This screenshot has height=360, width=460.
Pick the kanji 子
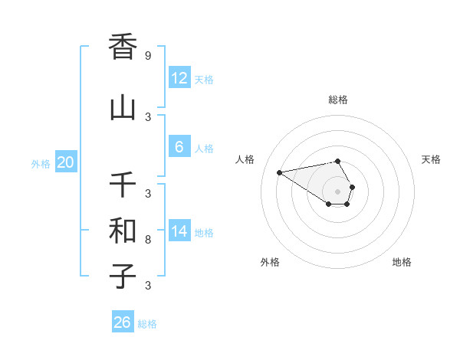[123, 277]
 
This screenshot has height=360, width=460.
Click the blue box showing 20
[65, 162]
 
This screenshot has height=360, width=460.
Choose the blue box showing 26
[123, 322]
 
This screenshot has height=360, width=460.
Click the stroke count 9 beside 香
[147, 55]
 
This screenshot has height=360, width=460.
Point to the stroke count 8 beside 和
[147, 240]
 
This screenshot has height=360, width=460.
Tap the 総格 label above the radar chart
[338, 100]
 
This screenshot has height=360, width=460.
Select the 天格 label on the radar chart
[431, 159]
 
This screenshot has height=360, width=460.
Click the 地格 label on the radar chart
[402, 262]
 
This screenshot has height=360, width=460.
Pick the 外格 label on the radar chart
[270, 262]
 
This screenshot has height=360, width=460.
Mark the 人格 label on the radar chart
[245, 159]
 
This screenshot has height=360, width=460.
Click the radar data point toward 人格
[280, 172]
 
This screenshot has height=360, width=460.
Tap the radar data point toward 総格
[338, 161]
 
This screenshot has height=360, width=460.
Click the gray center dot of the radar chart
[337, 191]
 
